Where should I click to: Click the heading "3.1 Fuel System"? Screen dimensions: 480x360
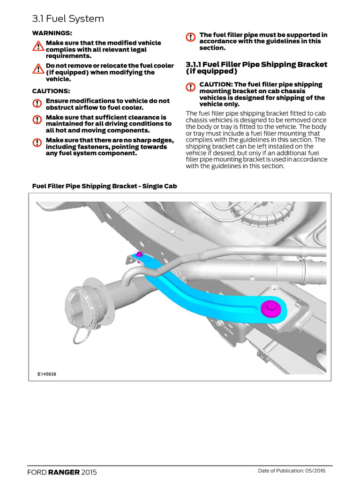pos(68,19)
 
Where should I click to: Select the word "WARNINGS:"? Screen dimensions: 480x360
pos(52,33)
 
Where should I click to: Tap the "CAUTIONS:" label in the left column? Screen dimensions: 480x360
pos(51,90)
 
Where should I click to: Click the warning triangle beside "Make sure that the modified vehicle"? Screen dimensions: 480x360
pos(38,46)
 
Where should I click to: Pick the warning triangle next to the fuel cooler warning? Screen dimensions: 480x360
pos(38,69)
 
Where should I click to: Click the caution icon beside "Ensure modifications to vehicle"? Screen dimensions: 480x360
pos(37,104)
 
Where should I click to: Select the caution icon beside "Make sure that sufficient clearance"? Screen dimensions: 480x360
pos(37,120)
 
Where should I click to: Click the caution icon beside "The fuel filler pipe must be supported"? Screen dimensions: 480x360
pos(191,37)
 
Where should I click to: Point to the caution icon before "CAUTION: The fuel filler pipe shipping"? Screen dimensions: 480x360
pos(191,87)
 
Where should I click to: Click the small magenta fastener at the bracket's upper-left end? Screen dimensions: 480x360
pos(139,254)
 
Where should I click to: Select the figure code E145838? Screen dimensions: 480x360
pos(47,375)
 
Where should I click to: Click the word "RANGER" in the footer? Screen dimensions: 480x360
pos(65,472)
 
